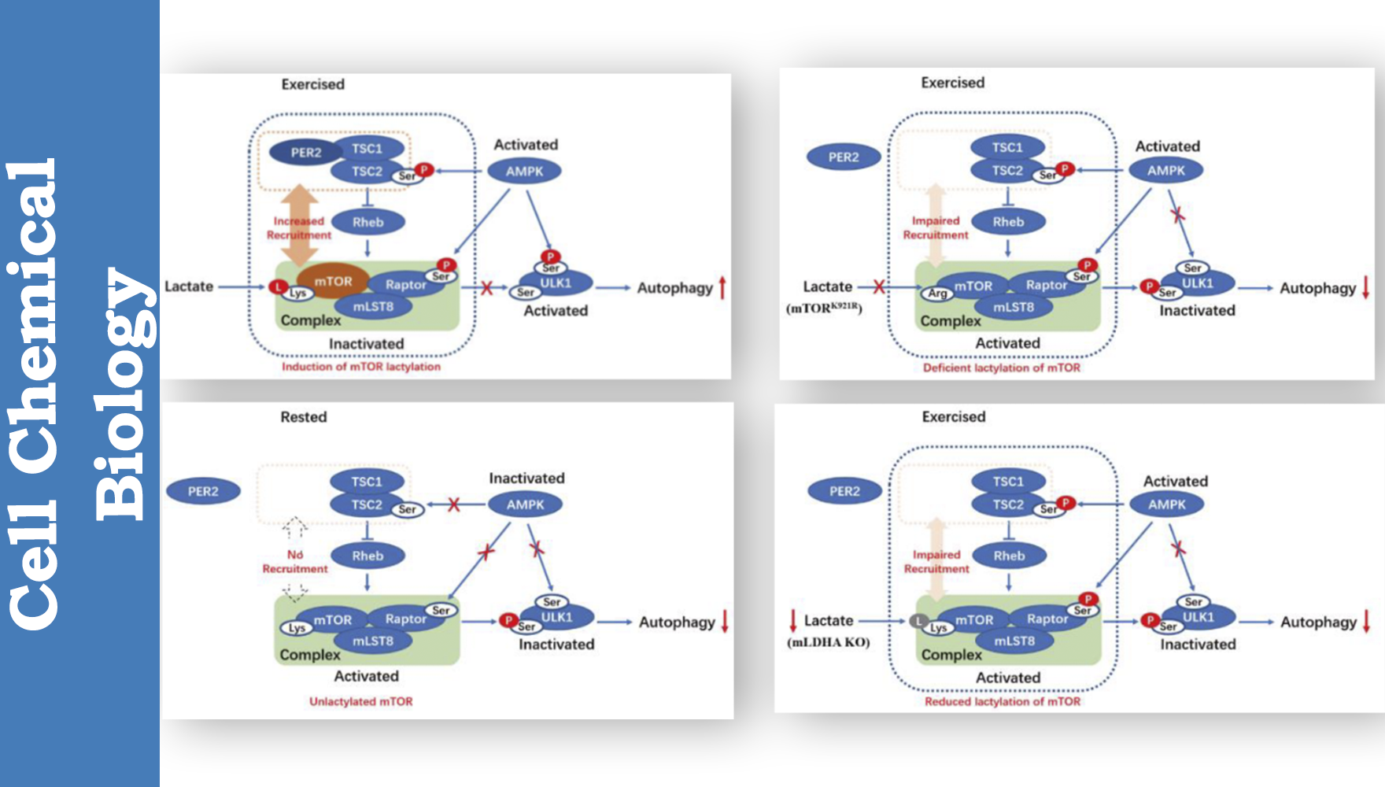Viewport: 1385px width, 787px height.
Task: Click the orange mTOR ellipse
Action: coord(333,281)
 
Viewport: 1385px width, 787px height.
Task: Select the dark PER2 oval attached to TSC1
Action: coord(305,153)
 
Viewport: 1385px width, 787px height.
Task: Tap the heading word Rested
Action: coord(304,417)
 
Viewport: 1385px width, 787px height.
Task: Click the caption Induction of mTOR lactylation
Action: coord(361,367)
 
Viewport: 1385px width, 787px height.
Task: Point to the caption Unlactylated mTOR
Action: coord(360,701)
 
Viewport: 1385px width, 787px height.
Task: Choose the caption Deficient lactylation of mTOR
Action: coord(1001,368)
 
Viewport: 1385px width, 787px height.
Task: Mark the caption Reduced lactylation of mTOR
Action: coord(1002,701)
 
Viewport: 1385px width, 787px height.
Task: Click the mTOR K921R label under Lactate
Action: coord(824,308)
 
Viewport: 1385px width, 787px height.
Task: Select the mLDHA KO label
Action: coord(828,642)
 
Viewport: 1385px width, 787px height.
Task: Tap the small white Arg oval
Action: coord(937,294)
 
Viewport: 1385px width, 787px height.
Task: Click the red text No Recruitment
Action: coord(295,561)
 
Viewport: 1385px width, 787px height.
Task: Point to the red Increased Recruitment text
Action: coord(299,228)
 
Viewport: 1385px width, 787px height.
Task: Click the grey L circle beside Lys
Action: coord(917,621)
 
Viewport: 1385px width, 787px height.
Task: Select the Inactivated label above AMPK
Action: coord(526,478)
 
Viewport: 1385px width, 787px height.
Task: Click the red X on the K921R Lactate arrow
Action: coord(879,286)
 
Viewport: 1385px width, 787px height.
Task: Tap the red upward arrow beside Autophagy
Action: coord(722,288)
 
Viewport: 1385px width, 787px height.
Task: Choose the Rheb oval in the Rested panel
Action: coord(367,556)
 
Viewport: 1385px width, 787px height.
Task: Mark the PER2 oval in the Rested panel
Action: coord(203,491)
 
